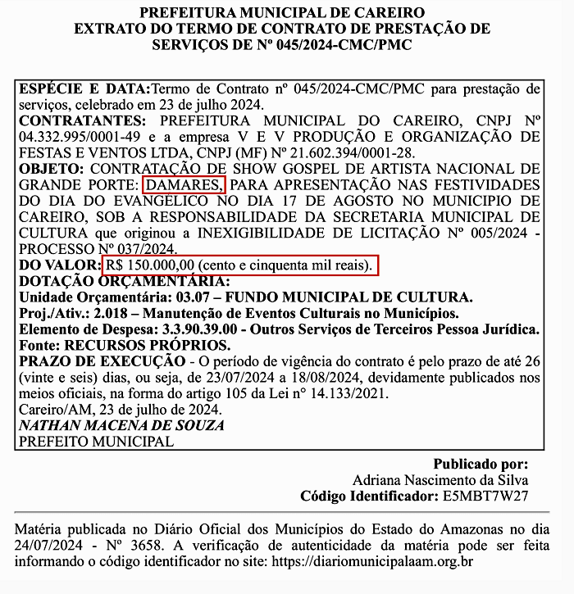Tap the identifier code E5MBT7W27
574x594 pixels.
pos(487,496)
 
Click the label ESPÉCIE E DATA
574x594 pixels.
pos(83,88)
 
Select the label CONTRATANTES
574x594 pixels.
pos(75,120)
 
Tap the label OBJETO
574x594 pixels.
pos(48,168)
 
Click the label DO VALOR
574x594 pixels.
pos(58,265)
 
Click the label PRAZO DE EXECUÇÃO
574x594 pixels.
pos(102,360)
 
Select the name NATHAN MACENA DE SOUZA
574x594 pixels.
pos(121,425)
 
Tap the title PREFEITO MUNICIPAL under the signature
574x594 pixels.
pos(96,441)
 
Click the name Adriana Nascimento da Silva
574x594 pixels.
pos(440,479)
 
